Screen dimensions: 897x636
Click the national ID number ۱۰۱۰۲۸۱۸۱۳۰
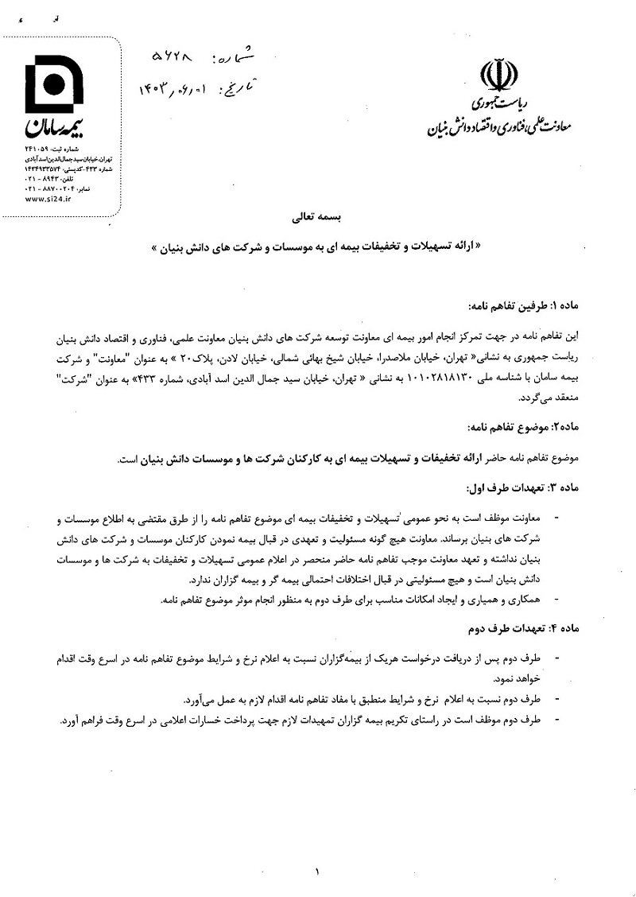[429, 380]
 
